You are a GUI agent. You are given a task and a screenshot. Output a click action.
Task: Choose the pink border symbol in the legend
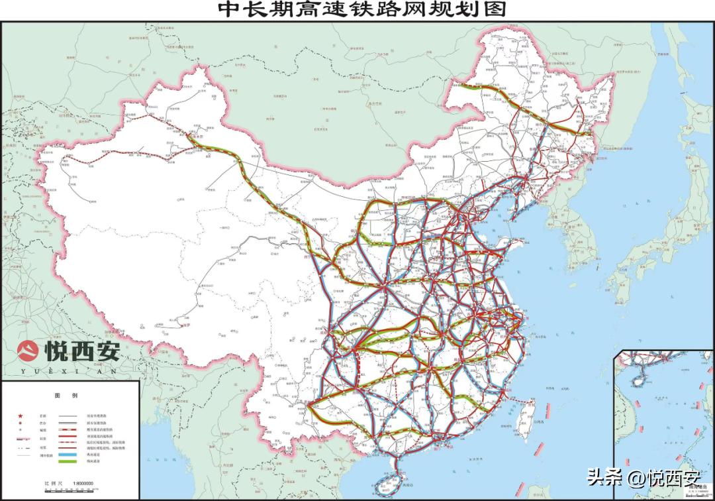(x=25, y=439)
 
